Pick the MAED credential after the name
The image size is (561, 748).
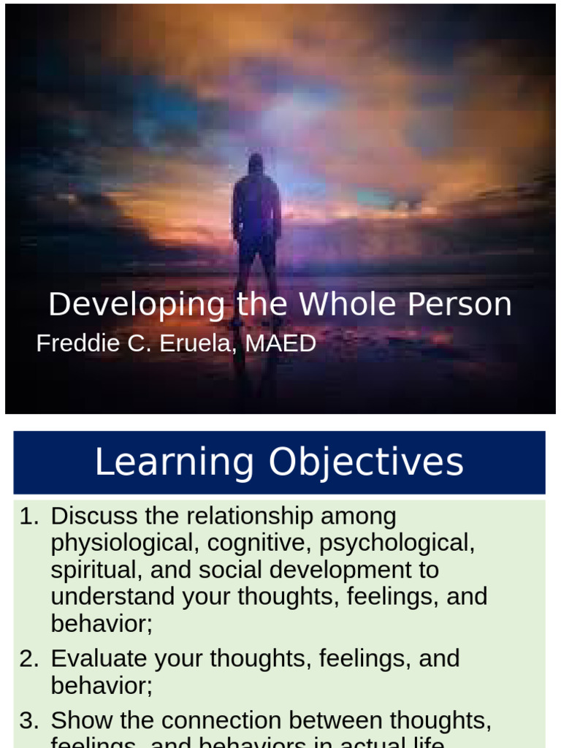[280, 343]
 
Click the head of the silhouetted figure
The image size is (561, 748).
[256, 164]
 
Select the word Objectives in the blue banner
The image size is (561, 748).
[366, 462]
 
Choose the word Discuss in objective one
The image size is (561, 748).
[94, 516]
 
